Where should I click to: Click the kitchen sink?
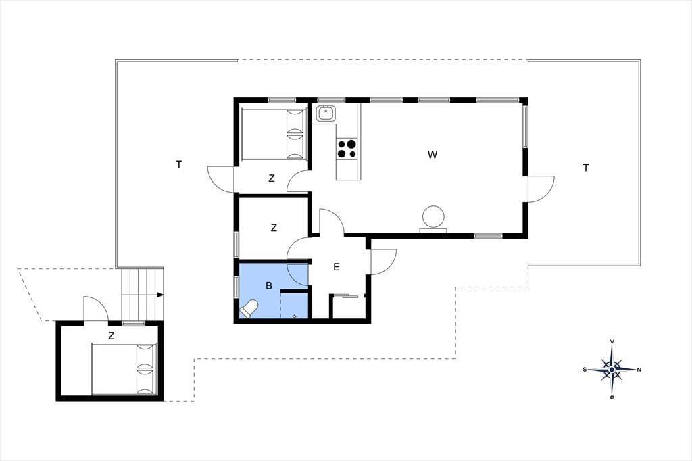click(326, 114)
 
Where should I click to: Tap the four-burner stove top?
click(347, 148)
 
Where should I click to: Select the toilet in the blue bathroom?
click(249, 309)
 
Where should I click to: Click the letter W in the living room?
click(432, 155)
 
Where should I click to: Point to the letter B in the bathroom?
click(269, 286)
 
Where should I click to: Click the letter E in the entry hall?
click(337, 267)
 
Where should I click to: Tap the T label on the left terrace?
click(178, 164)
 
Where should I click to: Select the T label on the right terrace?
click(586, 168)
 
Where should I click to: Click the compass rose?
click(612, 369)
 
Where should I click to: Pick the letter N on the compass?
click(639, 370)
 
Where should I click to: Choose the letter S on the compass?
click(585, 370)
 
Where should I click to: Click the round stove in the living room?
click(433, 217)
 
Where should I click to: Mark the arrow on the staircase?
click(159, 295)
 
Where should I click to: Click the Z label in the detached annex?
click(112, 335)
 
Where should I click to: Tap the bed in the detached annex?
click(124, 368)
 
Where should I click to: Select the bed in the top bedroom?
click(274, 133)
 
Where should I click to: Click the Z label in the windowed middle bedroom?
click(274, 228)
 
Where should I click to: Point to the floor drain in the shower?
click(295, 316)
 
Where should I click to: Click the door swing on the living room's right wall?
click(541, 189)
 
